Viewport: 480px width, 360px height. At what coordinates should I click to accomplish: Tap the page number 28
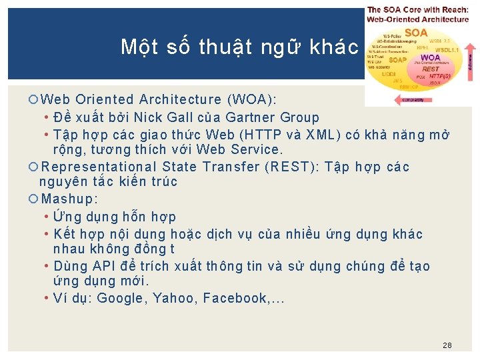coord(447,345)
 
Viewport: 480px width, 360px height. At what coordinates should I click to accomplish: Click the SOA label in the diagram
coord(416,33)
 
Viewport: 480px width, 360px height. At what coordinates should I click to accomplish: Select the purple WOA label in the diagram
coord(430,57)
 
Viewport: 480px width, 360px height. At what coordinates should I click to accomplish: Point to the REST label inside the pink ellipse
coord(431,69)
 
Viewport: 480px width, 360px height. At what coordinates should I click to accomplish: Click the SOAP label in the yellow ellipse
coord(397,59)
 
